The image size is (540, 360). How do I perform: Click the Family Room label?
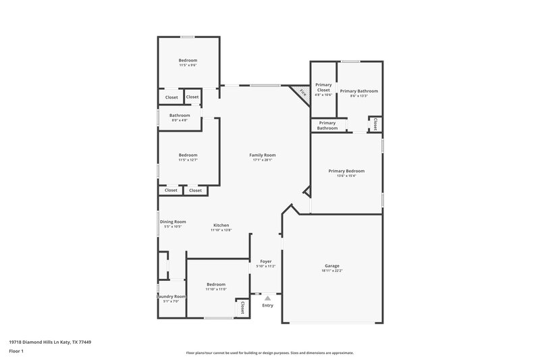pyautogui.click(x=264, y=155)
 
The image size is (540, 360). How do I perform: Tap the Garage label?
pyautogui.click(x=331, y=265)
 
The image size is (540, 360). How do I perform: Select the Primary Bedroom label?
pyautogui.click(x=346, y=171)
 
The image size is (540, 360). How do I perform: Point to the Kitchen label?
pyautogui.click(x=221, y=225)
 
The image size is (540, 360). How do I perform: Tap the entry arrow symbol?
pyautogui.click(x=268, y=297)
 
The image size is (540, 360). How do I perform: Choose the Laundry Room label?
pyautogui.click(x=171, y=297)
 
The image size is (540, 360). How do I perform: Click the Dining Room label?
pyautogui.click(x=173, y=222)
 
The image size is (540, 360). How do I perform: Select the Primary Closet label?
pyautogui.click(x=323, y=87)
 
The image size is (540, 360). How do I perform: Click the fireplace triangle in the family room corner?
pyautogui.click(x=301, y=93)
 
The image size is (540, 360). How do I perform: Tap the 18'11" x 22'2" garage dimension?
pyautogui.click(x=331, y=271)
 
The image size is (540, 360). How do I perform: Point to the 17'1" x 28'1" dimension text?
pyautogui.click(x=264, y=160)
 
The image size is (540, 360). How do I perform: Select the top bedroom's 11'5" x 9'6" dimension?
pyautogui.click(x=188, y=66)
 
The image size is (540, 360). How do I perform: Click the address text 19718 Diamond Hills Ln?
pyautogui.click(x=51, y=342)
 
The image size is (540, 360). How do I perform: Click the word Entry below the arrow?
pyautogui.click(x=268, y=305)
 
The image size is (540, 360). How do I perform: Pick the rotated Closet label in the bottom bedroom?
pyautogui.click(x=242, y=307)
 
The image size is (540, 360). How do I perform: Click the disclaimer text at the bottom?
pyautogui.click(x=269, y=353)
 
